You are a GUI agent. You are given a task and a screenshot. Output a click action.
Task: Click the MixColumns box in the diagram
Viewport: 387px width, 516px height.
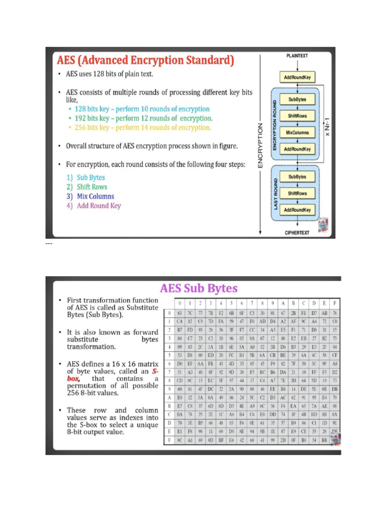coord(297,133)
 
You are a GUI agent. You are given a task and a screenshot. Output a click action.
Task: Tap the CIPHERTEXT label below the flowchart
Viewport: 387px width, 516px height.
coord(297,233)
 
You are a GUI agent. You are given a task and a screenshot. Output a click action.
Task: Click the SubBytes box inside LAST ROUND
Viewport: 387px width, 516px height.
coord(297,177)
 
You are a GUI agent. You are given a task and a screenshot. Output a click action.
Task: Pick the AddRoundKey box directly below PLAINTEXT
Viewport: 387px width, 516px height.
coord(297,77)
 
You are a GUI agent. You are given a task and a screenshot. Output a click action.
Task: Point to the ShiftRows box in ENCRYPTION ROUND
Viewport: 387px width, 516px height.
coord(297,116)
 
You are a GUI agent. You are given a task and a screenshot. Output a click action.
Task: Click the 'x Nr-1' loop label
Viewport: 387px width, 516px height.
coord(328,124)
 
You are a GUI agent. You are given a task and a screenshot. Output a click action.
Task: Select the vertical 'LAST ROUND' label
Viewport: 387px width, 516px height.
coord(276,193)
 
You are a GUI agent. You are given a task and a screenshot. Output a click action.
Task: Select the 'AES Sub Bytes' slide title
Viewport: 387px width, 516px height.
coord(199,289)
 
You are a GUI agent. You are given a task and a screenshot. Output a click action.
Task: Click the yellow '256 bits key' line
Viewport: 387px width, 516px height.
coord(139,127)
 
